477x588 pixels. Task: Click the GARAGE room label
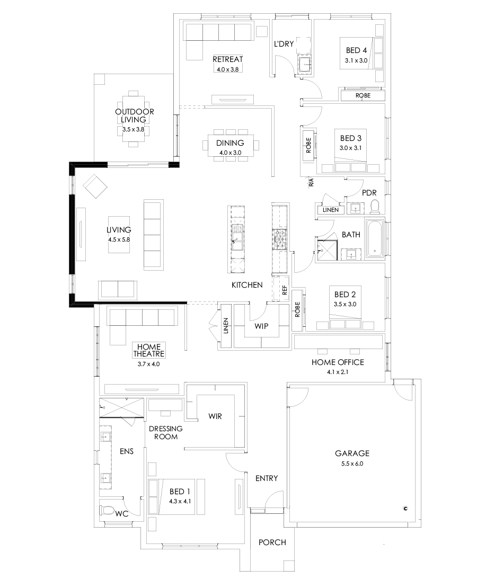point(352,453)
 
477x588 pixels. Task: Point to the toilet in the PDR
point(374,206)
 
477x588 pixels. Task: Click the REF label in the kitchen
point(285,290)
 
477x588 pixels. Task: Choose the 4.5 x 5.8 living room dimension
point(118,239)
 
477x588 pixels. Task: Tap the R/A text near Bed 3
point(311,183)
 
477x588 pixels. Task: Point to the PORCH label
point(272,542)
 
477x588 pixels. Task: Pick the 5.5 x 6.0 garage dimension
point(352,464)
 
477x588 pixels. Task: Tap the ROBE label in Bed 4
point(363,95)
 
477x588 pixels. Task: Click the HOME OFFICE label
point(338,362)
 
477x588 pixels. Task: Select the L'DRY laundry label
point(284,44)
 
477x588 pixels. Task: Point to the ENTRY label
point(267,478)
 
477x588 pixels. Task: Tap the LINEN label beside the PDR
point(330,210)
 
